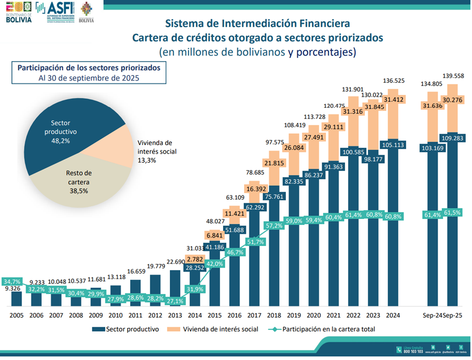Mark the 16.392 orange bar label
click(254, 188)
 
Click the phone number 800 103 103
click(413, 351)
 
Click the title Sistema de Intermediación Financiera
click(257, 24)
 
